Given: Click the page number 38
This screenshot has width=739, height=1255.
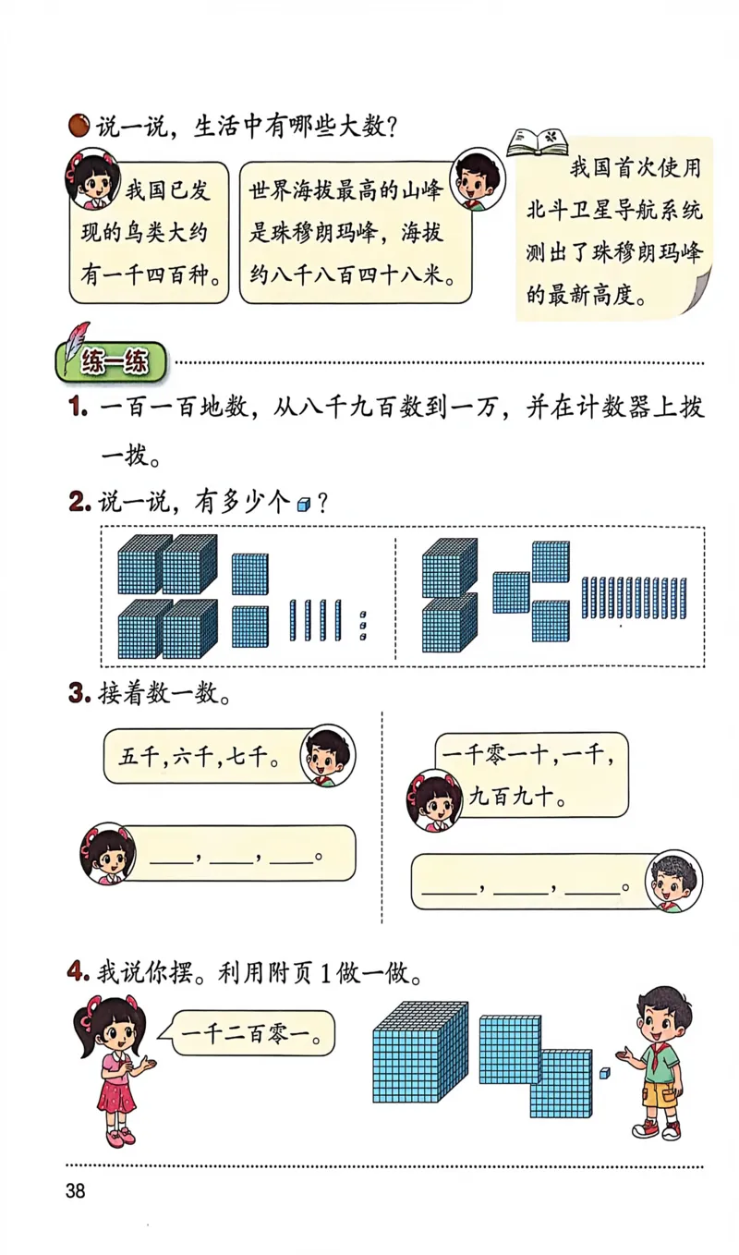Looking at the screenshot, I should (x=75, y=1190).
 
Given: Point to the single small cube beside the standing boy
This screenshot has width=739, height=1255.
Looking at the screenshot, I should (x=604, y=1073).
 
